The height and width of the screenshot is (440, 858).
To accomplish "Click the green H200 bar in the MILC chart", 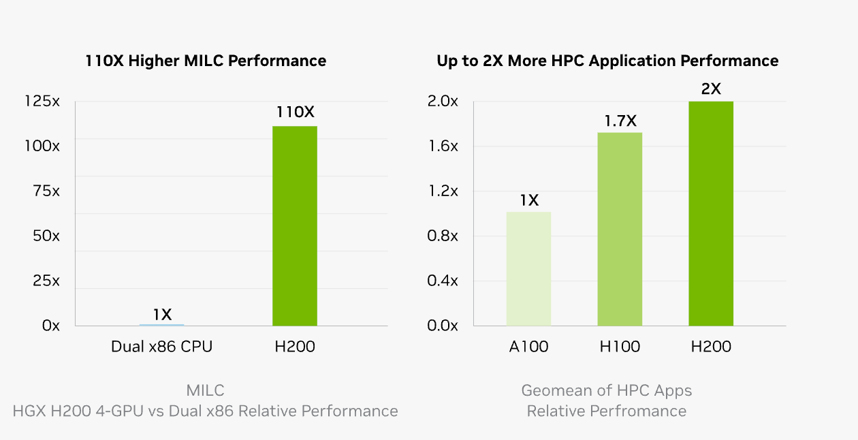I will pos(294,225).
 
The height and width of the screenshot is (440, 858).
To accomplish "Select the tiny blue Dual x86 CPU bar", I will pos(161,324).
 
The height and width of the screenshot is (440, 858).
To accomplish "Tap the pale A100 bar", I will pos(528,268).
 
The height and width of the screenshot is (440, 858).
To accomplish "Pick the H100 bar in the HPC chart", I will pos(620,229).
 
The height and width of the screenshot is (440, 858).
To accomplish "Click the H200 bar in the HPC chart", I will pos(711,213).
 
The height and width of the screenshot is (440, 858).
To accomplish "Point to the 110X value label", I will pos(295,112).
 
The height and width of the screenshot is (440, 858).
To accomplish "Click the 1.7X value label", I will pos(620,121).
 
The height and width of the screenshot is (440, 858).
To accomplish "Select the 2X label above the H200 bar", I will pos(711,89).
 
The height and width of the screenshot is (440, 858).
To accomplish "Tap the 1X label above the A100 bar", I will pos(528,200).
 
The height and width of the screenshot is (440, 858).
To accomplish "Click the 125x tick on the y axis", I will pos(42,101).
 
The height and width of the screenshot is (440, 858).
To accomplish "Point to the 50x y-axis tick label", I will pos(46,236).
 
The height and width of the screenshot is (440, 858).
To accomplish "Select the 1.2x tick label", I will pos(443,191).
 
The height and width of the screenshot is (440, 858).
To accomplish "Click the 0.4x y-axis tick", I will pos(443,281).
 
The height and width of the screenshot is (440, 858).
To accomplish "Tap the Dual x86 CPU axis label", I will pos(161,347).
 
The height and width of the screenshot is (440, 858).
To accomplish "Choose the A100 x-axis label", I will pos(528,347).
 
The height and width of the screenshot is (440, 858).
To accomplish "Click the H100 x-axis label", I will pos(620,347).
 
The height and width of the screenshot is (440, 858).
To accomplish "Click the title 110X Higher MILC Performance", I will pos(206,61).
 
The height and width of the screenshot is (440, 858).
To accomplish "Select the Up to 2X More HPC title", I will pos(607,61).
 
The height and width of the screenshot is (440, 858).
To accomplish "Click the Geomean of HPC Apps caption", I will pos(606,390).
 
